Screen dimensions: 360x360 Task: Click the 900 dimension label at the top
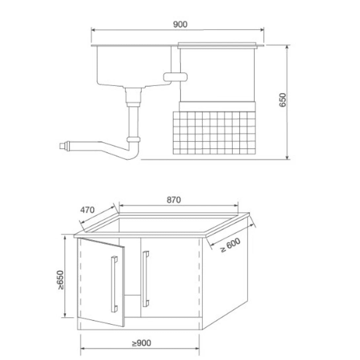click(x=180, y=24)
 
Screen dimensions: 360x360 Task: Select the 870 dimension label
click(x=174, y=200)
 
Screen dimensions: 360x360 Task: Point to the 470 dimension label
click(x=87, y=210)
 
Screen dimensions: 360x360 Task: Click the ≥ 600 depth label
click(x=230, y=245)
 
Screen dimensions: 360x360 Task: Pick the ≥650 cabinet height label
click(x=61, y=280)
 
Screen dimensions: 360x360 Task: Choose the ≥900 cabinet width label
click(x=142, y=343)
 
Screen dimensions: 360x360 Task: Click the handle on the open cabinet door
click(x=114, y=284)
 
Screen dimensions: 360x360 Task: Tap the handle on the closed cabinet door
click(x=146, y=279)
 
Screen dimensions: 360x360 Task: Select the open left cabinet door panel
click(x=101, y=282)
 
